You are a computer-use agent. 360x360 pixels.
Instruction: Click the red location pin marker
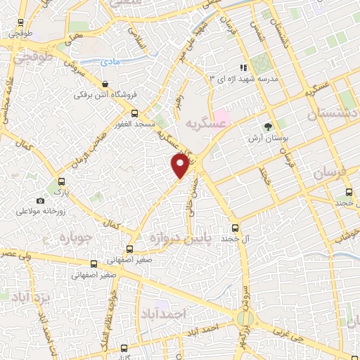pyautogui.click(x=181, y=165)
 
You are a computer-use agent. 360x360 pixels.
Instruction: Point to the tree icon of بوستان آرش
pyautogui.click(x=268, y=127)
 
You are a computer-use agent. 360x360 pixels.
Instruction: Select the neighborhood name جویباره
pyautogui.click(x=77, y=234)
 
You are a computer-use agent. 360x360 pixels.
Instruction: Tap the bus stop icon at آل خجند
pyautogui.click(x=236, y=228)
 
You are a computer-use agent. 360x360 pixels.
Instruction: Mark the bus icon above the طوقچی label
pyautogui.click(x=18, y=21)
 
